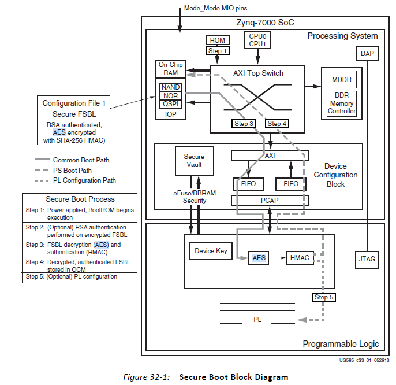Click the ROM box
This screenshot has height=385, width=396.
(218, 40)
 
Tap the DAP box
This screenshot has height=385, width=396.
(367, 53)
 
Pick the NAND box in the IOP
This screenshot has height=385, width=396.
(170, 87)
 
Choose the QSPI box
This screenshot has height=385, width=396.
(170, 104)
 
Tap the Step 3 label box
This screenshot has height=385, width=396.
(244, 124)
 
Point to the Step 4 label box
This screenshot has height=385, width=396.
(277, 124)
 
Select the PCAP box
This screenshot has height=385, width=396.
(270, 200)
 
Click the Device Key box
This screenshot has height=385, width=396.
(211, 251)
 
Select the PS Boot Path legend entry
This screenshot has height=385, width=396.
(72, 170)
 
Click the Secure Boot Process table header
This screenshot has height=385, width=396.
(79, 199)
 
